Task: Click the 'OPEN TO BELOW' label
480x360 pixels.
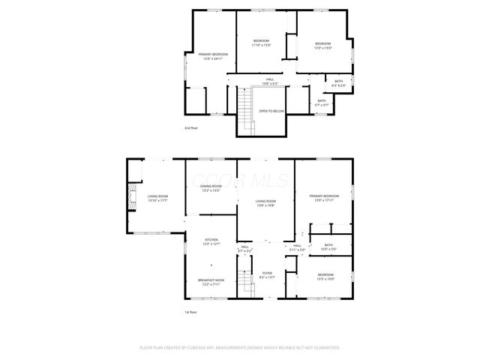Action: [271, 111]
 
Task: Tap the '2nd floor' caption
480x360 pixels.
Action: [191, 128]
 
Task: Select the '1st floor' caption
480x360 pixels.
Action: [191, 312]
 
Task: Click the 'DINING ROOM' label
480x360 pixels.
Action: [211, 186]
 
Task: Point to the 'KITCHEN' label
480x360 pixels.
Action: [211, 240]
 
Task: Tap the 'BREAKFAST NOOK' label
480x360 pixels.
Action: [211, 280]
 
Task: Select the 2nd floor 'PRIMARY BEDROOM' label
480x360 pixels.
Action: [213, 54]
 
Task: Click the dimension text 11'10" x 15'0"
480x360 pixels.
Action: [261, 45]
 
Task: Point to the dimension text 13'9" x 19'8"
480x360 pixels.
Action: [265, 205]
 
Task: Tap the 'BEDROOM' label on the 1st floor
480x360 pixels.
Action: [325, 274]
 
